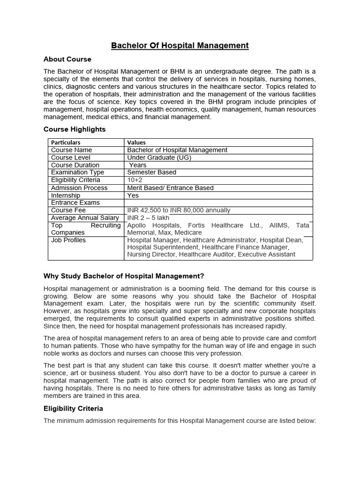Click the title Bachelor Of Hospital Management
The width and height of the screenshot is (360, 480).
pos(180,45)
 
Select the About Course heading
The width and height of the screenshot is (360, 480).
pos(67,60)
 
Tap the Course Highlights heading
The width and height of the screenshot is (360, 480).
pos(75,129)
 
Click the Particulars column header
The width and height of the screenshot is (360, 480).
pos(66,142)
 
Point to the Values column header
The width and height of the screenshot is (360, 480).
pos(136,142)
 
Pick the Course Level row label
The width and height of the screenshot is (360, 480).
pos(71,157)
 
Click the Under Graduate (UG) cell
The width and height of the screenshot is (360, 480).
pos(159,157)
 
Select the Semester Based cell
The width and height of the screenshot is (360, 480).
pos(151,172)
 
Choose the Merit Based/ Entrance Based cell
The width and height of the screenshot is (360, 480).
pos(170,187)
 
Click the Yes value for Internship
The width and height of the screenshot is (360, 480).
pos(133,195)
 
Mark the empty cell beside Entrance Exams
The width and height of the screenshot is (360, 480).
pos(218,202)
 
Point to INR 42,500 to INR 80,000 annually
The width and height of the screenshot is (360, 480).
pos(179,210)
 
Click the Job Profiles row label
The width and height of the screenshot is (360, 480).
pos(68,240)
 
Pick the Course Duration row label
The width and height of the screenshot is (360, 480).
pos(75,165)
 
